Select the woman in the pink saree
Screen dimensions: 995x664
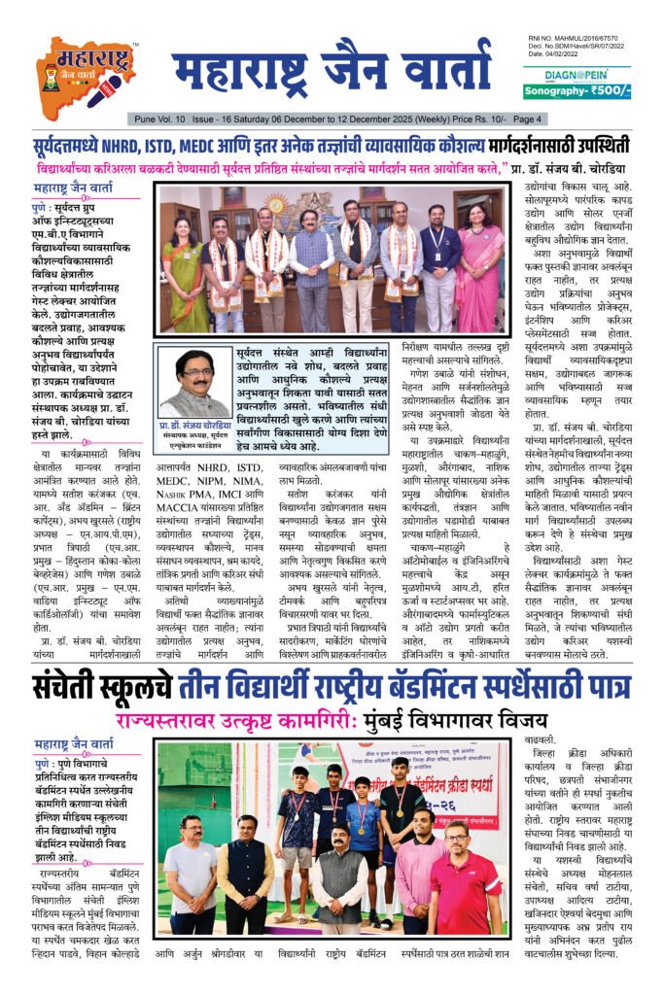(478, 267)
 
